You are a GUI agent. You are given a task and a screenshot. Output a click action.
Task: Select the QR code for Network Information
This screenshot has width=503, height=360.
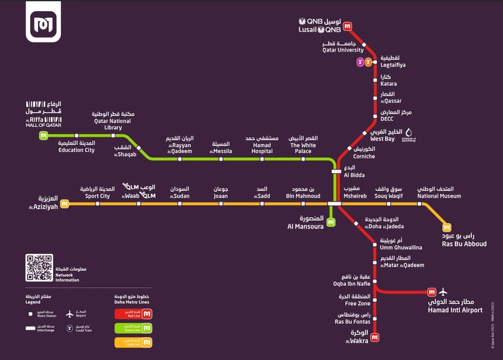[39, 267]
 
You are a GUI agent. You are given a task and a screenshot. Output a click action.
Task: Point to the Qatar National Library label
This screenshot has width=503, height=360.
[113, 120]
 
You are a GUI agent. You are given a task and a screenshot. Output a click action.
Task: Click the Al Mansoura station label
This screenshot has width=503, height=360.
[305, 222]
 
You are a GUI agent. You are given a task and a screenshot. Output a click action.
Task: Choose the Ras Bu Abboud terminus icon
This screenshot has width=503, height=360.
[447, 227]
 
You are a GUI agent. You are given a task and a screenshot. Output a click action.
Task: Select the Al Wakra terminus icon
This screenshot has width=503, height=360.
[375, 338]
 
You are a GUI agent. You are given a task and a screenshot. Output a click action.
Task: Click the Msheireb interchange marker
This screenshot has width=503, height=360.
[335, 204]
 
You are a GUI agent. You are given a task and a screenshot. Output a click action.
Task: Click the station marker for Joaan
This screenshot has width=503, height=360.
[221, 204]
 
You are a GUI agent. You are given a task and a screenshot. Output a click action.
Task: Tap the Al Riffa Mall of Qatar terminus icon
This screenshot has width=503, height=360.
[44, 136]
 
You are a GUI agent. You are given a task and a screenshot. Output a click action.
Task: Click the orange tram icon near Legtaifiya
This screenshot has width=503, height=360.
[368, 62]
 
